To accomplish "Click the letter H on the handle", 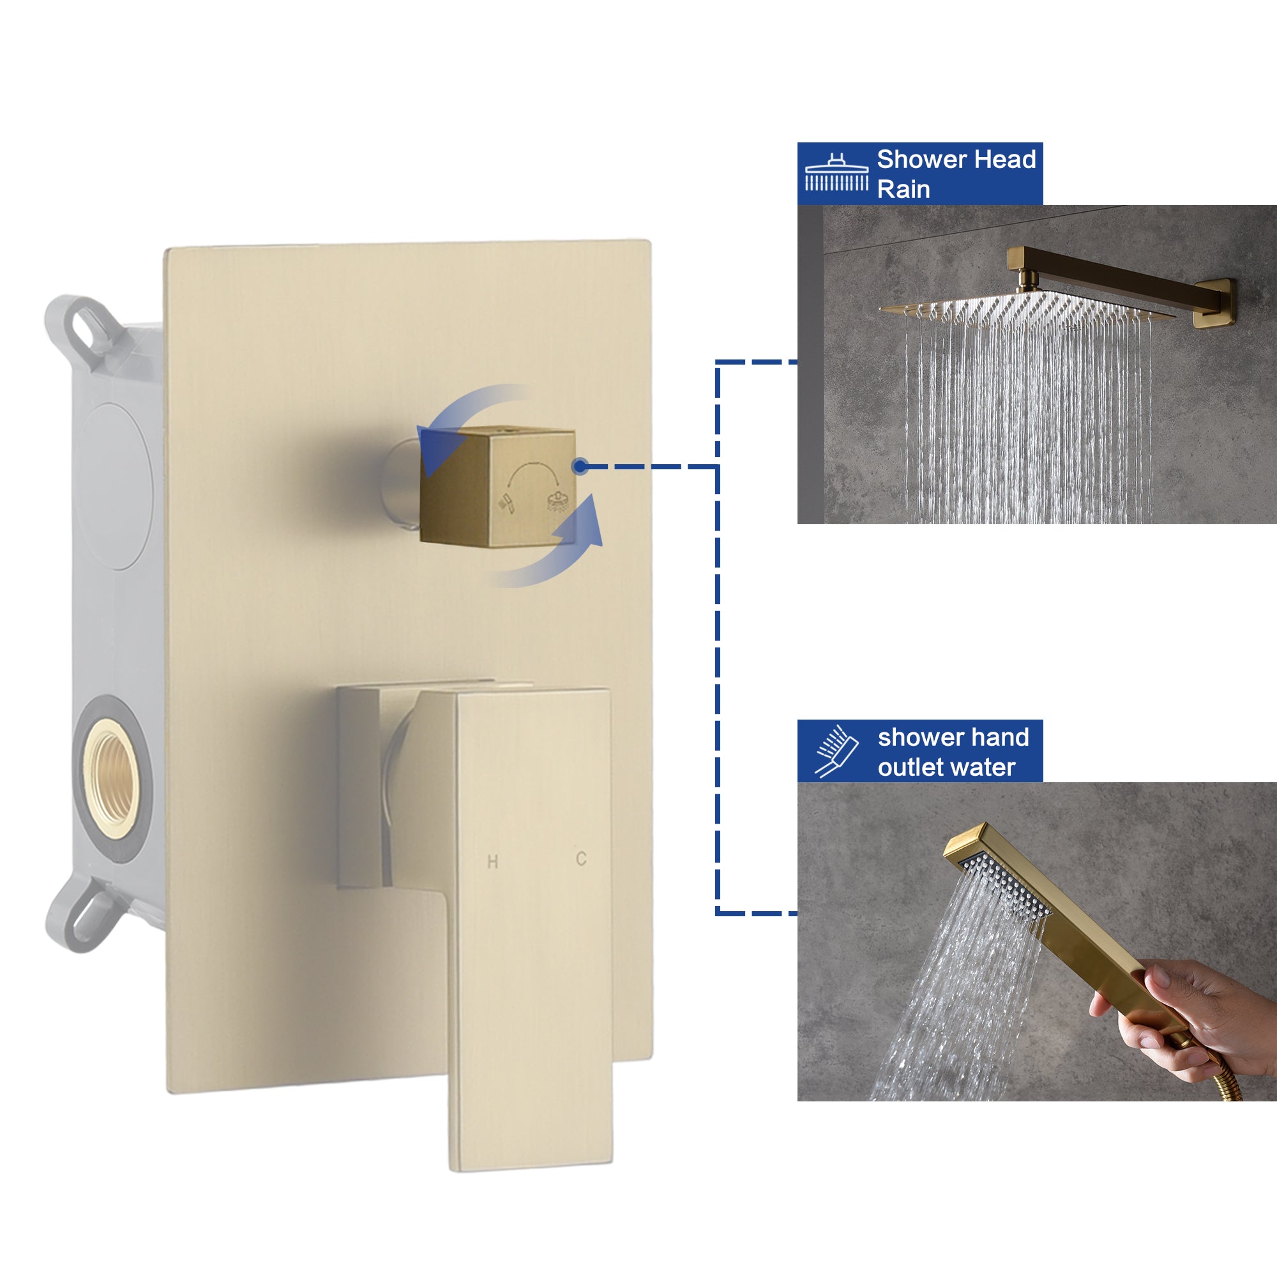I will pyautogui.click(x=492, y=861).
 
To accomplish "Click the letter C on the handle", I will pyautogui.click(x=581, y=859).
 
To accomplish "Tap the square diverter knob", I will pyautogui.click(x=497, y=486).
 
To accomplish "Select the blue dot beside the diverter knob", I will pyautogui.click(x=580, y=467).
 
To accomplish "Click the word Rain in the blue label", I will pyautogui.click(x=903, y=190).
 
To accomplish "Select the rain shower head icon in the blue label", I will pyautogui.click(x=836, y=173).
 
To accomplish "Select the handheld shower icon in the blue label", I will pyautogui.click(x=836, y=751).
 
